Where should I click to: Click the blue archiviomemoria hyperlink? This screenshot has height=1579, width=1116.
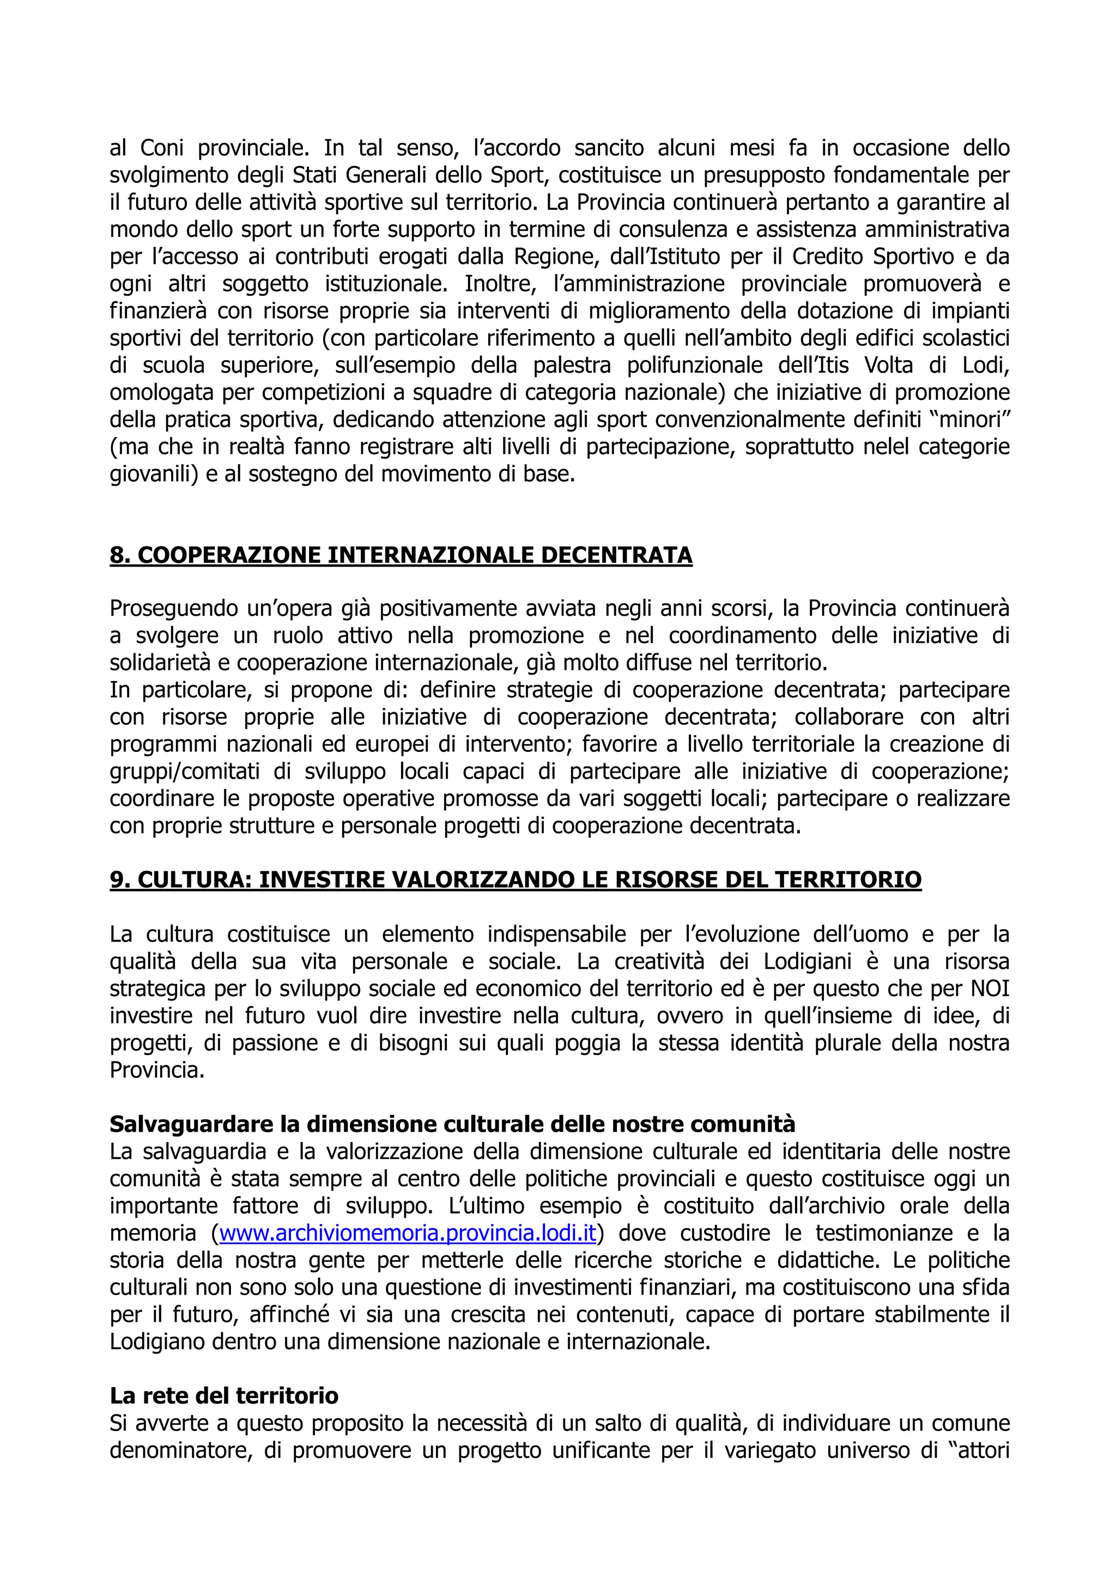pos(407,1233)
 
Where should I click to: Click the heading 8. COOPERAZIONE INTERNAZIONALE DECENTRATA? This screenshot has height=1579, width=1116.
pos(401,555)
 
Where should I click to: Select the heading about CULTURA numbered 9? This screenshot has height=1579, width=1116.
pos(515,879)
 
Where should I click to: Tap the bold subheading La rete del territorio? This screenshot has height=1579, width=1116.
pos(224,1395)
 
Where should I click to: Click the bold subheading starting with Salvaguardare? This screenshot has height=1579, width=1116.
pos(452,1123)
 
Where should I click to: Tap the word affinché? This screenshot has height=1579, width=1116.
pos(289,1314)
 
